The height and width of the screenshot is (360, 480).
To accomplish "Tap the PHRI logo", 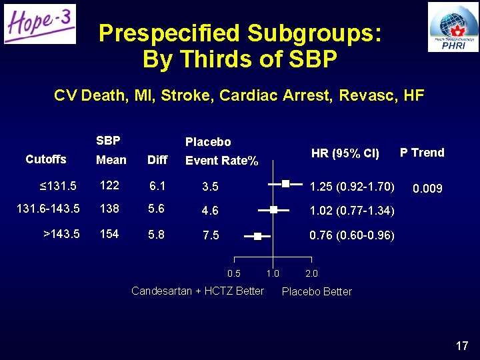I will (453, 27).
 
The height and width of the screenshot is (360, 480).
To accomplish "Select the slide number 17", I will (462, 345).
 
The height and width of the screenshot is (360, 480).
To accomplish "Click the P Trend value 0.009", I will (427, 189).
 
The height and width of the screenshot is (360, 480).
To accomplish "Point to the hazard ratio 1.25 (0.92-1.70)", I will (352, 185).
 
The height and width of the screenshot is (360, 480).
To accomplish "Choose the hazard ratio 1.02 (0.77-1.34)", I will (352, 211).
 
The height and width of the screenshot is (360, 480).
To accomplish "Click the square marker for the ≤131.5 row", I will (285, 183).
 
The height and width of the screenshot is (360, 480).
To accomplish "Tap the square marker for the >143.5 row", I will (258, 235).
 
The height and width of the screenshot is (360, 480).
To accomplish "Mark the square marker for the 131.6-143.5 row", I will (273, 209).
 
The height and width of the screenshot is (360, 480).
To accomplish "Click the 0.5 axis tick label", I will (234, 273).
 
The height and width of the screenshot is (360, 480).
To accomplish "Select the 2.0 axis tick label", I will (311, 273).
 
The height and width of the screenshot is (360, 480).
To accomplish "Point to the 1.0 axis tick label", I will (272, 273).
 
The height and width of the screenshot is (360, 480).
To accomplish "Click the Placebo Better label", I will (317, 291).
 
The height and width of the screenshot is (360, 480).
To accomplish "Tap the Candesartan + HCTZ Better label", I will (197, 291).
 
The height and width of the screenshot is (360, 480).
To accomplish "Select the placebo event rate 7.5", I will (211, 235).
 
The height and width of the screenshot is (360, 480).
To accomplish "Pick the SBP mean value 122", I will (109, 185).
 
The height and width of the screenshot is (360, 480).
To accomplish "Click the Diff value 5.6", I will (157, 209).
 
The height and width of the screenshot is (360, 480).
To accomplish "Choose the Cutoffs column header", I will (45, 159).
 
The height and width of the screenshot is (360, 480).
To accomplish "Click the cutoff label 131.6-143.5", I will (48, 209).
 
